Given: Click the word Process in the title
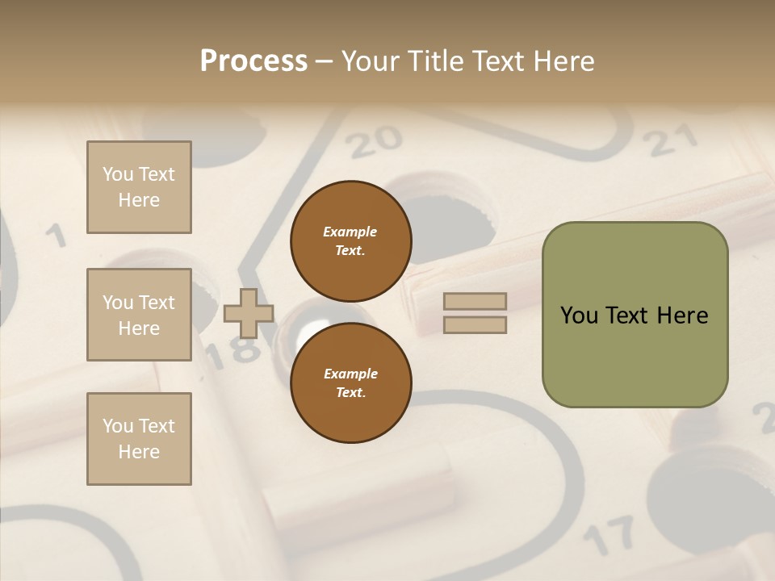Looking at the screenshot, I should pos(253,61).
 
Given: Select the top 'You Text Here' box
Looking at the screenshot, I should pos(139,187).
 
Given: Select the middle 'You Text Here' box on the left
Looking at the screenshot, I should pos(139,315).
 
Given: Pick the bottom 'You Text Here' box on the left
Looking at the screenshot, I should pos(139,439).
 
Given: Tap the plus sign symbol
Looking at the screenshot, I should pos(249,313).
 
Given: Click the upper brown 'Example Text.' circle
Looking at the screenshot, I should pos(351,241).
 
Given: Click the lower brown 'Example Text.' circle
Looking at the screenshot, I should pos(351,383).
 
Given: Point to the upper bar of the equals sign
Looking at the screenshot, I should pos(475,302).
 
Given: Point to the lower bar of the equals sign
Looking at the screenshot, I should pos(475,324).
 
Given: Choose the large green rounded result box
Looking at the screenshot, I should pos(635,315).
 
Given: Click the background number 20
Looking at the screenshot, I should pos(375,142).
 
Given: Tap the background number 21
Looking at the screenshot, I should pos(672,142).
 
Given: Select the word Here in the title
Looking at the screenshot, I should pos(562,61).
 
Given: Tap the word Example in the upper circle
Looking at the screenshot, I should pos(350,232).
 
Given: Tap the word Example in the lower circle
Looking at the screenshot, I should pos(350,374).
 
